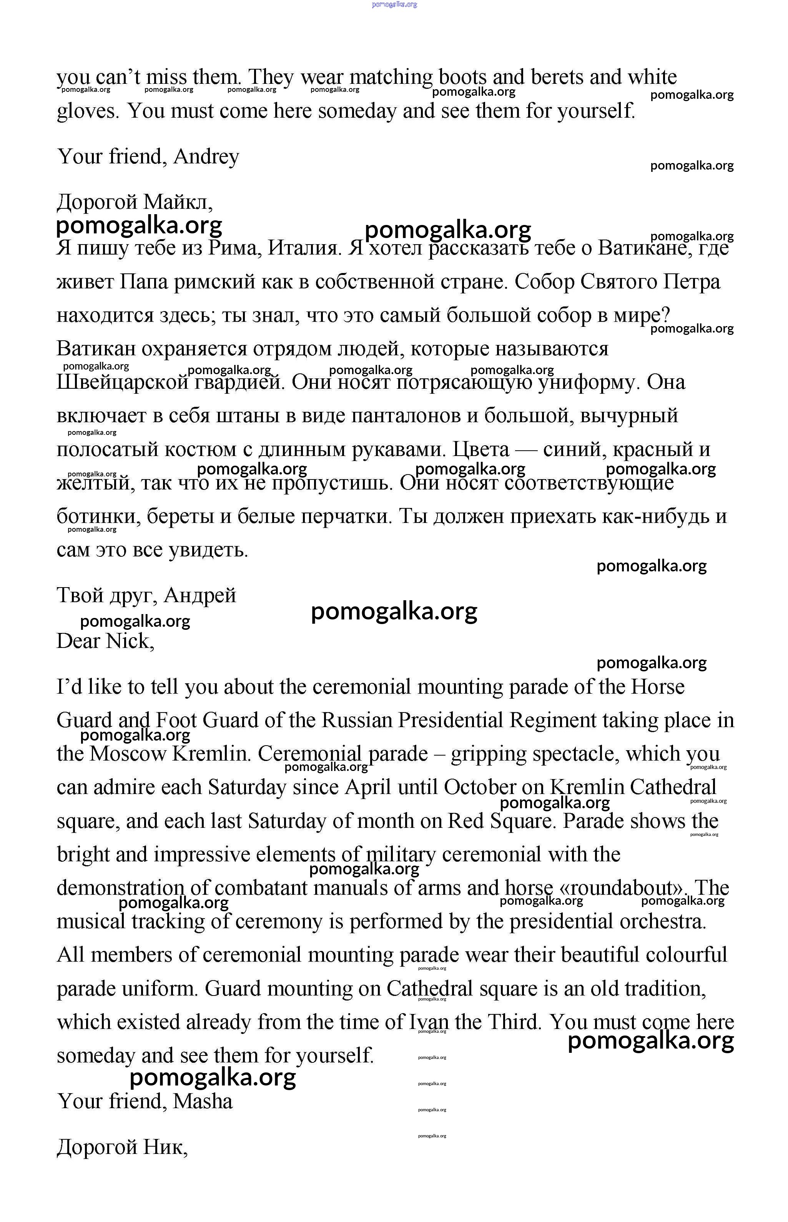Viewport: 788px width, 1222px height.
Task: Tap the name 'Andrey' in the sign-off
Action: tap(206, 156)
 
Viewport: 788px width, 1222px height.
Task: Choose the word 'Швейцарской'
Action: tap(122, 382)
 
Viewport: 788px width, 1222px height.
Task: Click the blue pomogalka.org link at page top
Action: tap(394, 5)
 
